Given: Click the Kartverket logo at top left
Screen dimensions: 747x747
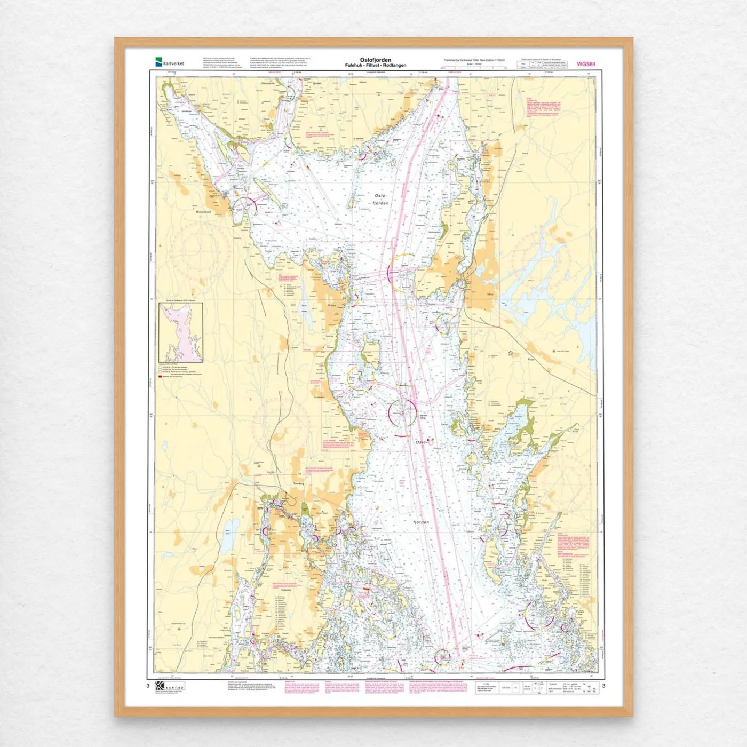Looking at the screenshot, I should (x=169, y=63).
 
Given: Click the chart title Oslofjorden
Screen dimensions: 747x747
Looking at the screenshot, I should (x=375, y=60).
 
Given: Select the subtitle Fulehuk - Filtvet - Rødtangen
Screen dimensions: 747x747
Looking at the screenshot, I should (x=375, y=66).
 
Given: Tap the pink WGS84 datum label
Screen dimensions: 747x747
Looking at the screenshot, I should (x=586, y=64).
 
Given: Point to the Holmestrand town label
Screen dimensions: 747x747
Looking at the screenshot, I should (x=203, y=212).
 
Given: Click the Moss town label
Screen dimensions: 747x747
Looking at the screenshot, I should (x=490, y=294).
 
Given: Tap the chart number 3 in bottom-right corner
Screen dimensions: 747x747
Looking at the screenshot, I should (x=603, y=686).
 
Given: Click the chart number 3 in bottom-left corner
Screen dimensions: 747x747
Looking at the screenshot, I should (x=148, y=686).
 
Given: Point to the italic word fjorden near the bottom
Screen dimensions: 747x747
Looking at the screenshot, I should (x=421, y=522).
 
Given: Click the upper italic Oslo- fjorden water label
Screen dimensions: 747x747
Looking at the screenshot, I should (x=380, y=200).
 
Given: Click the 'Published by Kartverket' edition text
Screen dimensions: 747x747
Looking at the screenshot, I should (x=474, y=60).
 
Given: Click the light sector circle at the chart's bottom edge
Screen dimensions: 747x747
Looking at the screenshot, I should (x=442, y=657).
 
